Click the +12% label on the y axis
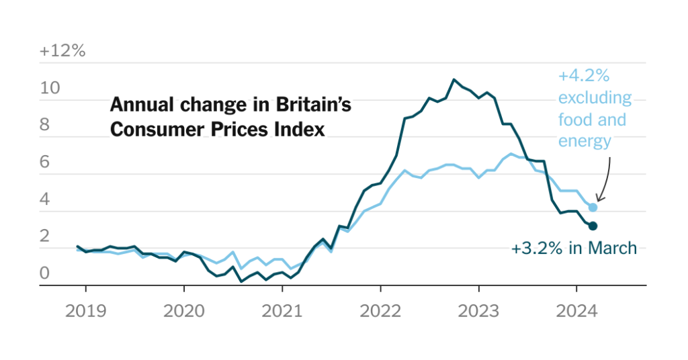[62, 51]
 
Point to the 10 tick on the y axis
[49, 89]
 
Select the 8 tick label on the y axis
[45, 126]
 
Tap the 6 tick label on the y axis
[45, 163]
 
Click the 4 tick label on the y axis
[45, 199]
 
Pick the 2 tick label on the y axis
[45, 236]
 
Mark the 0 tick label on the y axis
[45, 273]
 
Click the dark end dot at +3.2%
[593, 226]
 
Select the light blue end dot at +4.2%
[593, 208]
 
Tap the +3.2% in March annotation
[573, 249]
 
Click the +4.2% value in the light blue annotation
[583, 77]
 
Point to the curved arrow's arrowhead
[599, 198]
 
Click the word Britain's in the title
[313, 105]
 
